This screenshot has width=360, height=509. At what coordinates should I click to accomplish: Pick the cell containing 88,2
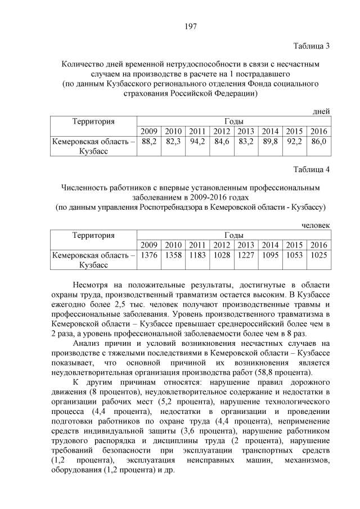149,142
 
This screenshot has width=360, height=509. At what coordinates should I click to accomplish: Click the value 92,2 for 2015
295,142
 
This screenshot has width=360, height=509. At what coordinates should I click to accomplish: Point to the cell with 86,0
318,142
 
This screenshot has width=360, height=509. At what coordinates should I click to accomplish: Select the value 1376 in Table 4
149,255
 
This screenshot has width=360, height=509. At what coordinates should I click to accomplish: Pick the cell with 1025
318,255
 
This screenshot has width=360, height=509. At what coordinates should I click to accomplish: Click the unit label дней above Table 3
321,112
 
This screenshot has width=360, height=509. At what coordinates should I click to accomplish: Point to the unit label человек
316,226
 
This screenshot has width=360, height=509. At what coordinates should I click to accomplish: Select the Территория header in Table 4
93,235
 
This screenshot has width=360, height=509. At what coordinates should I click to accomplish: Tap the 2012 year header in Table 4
222,245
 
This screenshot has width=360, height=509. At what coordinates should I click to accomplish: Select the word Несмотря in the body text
94,285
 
